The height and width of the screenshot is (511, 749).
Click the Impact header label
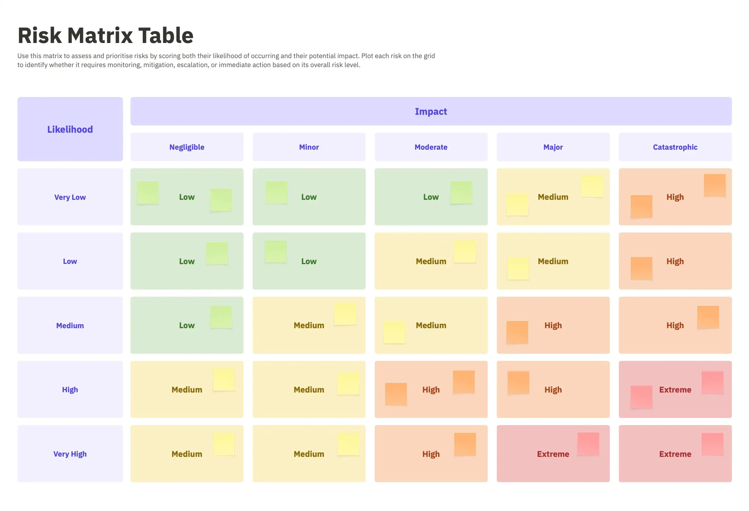pyautogui.click(x=431, y=111)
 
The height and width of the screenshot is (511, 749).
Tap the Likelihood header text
pyautogui.click(x=70, y=129)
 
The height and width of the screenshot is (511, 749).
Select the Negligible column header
pyautogui.click(x=187, y=147)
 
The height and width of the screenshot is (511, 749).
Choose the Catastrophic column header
pyautogui.click(x=675, y=147)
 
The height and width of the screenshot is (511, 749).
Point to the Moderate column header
pyautogui.click(x=431, y=147)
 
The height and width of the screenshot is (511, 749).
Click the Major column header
pyautogui.click(x=553, y=147)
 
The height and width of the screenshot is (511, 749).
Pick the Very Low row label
pyautogui.click(x=70, y=197)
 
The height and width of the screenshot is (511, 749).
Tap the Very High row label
pyautogui.click(x=70, y=454)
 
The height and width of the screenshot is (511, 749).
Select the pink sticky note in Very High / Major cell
pyautogui.click(x=588, y=443)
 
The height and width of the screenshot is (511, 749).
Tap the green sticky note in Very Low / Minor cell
pyautogui.click(x=276, y=192)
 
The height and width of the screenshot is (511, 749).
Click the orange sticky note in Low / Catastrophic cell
pyautogui.click(x=641, y=268)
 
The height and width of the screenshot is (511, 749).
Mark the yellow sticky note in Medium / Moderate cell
pyautogui.click(x=394, y=332)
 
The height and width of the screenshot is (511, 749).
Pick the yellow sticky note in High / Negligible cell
pyautogui.click(x=223, y=379)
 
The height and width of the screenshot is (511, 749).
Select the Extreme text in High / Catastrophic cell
pyautogui.click(x=675, y=390)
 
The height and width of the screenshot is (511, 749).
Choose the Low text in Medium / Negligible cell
pyautogui.click(x=187, y=325)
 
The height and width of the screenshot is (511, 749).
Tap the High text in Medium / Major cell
pyautogui.click(x=553, y=325)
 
